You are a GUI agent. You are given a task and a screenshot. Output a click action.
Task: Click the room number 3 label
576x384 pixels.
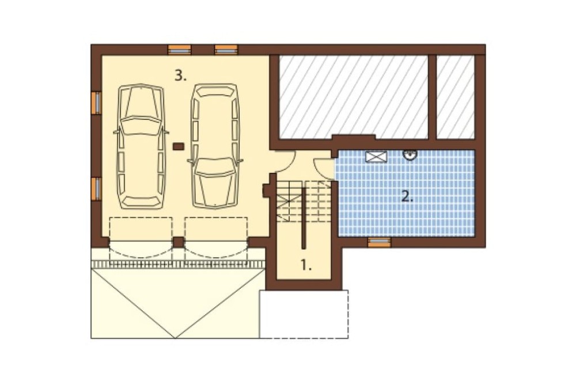coord(180,76)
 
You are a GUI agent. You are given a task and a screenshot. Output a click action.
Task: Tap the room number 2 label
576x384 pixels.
coord(407,197)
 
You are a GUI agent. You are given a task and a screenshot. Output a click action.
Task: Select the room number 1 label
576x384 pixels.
coord(306,265)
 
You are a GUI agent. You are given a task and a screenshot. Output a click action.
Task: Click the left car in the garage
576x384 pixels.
coord(141,147)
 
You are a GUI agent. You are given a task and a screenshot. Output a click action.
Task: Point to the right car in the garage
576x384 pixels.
coord(215,146)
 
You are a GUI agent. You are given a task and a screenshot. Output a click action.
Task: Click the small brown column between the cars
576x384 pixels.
coord(178,146)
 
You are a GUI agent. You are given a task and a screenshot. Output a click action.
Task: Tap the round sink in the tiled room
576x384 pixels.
coord(410,155)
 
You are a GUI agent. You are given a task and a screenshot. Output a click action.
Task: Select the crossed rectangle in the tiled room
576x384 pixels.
coord(376,157)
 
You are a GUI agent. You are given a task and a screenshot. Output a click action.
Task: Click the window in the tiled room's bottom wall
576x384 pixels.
coord(379,242)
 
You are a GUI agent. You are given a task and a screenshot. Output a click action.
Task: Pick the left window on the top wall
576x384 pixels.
coord(179,49)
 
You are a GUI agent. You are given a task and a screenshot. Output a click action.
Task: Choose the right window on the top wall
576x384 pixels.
coord(226,49)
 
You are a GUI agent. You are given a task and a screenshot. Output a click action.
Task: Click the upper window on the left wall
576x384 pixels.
coord(96,103)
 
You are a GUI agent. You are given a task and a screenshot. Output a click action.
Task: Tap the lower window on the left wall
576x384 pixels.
coord(96,189)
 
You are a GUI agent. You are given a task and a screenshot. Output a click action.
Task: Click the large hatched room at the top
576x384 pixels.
coord(354,97)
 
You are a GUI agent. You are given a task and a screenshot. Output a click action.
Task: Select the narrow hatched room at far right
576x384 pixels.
coord(456,97)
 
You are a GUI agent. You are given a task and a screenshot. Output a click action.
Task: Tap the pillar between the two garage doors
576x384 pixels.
coord(178,242)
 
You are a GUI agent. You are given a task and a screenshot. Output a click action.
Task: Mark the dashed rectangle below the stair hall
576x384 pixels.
coord(304,314)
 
